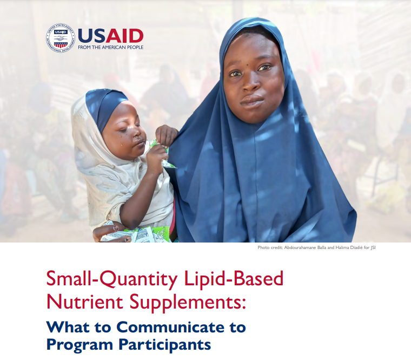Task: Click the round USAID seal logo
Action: click(x=61, y=38)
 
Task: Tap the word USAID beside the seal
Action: click(x=111, y=36)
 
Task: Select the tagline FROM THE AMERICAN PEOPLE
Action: click(x=111, y=48)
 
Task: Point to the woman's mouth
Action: click(x=252, y=101)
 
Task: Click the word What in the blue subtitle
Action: click(x=65, y=327)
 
